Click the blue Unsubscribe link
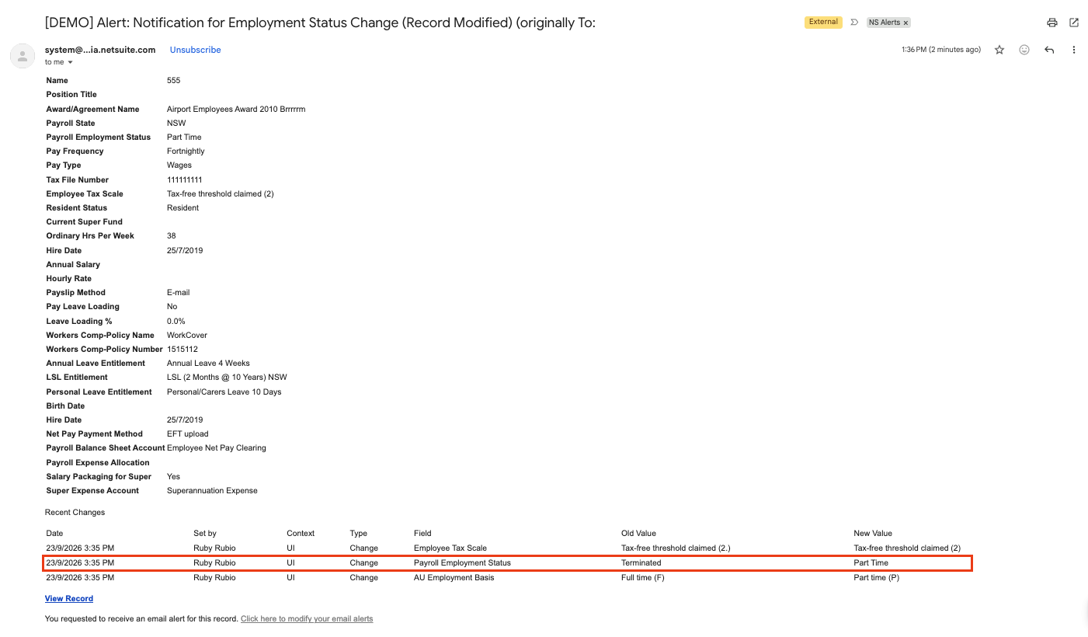click(x=195, y=50)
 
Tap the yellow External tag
click(x=823, y=22)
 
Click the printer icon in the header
click(x=1052, y=23)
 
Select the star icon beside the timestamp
click(x=999, y=50)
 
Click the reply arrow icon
click(x=1049, y=50)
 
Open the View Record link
click(x=69, y=599)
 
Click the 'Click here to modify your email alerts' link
click(x=307, y=618)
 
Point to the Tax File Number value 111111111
click(x=185, y=179)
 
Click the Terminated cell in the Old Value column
click(x=641, y=562)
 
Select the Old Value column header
click(x=638, y=533)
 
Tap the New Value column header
click(x=873, y=533)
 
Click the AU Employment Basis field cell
click(x=454, y=577)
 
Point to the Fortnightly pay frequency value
click(x=186, y=151)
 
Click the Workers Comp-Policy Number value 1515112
click(x=182, y=349)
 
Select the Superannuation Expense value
click(x=212, y=491)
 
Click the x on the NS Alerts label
click(x=906, y=23)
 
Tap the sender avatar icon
click(x=23, y=56)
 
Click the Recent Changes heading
click(x=75, y=512)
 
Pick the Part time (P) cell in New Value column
click(x=876, y=577)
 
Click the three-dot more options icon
click(x=1074, y=50)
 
